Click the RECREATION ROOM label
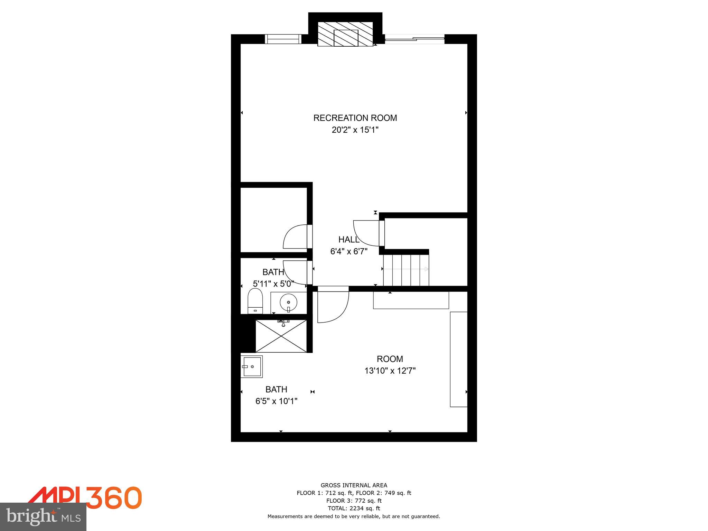(355, 118)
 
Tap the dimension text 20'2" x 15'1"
(355, 130)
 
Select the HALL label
(348, 239)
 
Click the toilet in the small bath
(255, 300)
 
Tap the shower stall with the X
(281, 336)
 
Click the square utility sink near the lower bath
(252, 366)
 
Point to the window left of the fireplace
(283, 39)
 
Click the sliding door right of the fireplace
(414, 39)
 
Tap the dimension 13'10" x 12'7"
(390, 371)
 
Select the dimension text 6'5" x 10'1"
(276, 401)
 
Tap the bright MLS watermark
(43, 516)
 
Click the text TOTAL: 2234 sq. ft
(354, 508)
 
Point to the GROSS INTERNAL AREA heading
(354, 485)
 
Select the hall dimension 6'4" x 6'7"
(348, 251)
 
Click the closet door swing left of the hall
(295, 237)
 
